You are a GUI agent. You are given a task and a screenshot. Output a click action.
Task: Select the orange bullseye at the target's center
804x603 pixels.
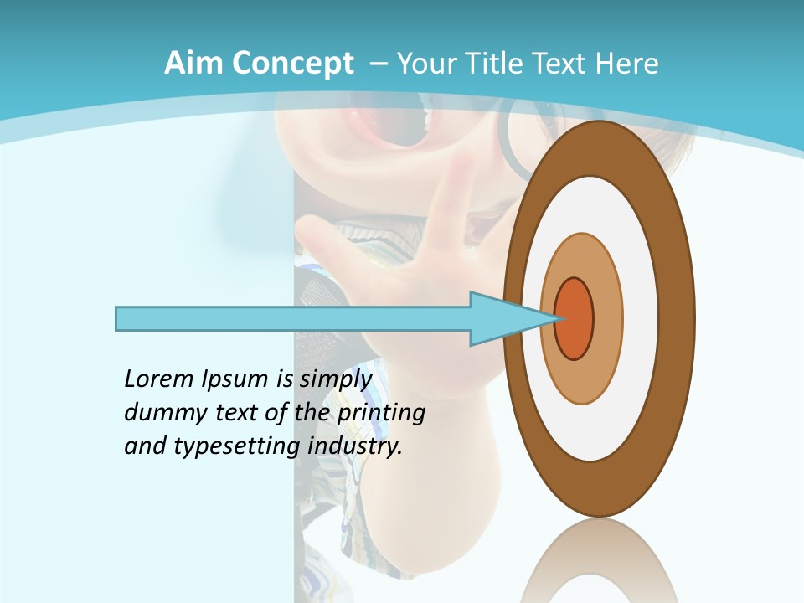click(575, 318)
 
